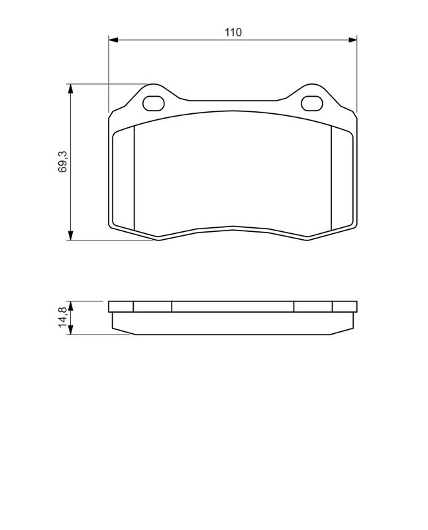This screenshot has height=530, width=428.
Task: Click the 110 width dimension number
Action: (x=232, y=32)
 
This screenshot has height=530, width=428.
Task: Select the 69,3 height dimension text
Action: (x=62, y=162)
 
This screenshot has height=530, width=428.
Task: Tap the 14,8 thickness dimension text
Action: (x=62, y=316)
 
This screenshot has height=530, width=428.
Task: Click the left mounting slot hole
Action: (x=154, y=103)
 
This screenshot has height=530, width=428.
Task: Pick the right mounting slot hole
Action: (x=311, y=103)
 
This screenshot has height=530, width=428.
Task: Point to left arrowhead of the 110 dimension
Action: (x=112, y=40)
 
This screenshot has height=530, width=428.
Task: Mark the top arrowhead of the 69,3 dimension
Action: (x=70, y=88)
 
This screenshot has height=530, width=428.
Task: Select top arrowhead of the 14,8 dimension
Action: (x=70, y=305)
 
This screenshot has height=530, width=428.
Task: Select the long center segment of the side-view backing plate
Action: (x=232, y=307)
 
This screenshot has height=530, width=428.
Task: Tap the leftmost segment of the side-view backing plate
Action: (x=121, y=307)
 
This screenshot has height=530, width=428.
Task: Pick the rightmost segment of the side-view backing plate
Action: (x=344, y=307)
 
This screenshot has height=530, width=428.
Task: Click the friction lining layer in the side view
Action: (x=232, y=323)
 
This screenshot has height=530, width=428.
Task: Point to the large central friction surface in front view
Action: (x=232, y=172)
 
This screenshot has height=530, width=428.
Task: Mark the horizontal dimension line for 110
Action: (x=199, y=40)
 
